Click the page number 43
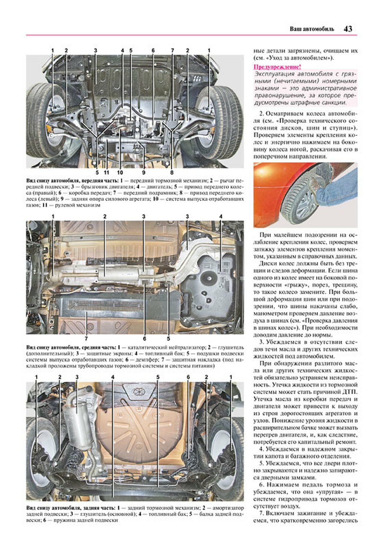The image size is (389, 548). coord(348,29)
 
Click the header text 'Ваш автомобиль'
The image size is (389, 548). coord(312,29)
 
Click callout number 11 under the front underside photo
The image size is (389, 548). coord(106,172)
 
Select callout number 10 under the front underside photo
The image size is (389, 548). coord(120,172)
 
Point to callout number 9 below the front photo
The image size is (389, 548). coord(144,172)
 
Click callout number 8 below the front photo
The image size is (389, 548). coord(172,172)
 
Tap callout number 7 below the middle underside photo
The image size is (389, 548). coord(86,339)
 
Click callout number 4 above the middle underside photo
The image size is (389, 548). coord(221,216)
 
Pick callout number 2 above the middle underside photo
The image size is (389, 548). coord(105,216)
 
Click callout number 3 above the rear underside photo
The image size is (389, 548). coord(77,377)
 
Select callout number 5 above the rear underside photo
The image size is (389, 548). coord(158,377)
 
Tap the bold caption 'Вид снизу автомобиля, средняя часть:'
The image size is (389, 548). coord(71,347)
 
